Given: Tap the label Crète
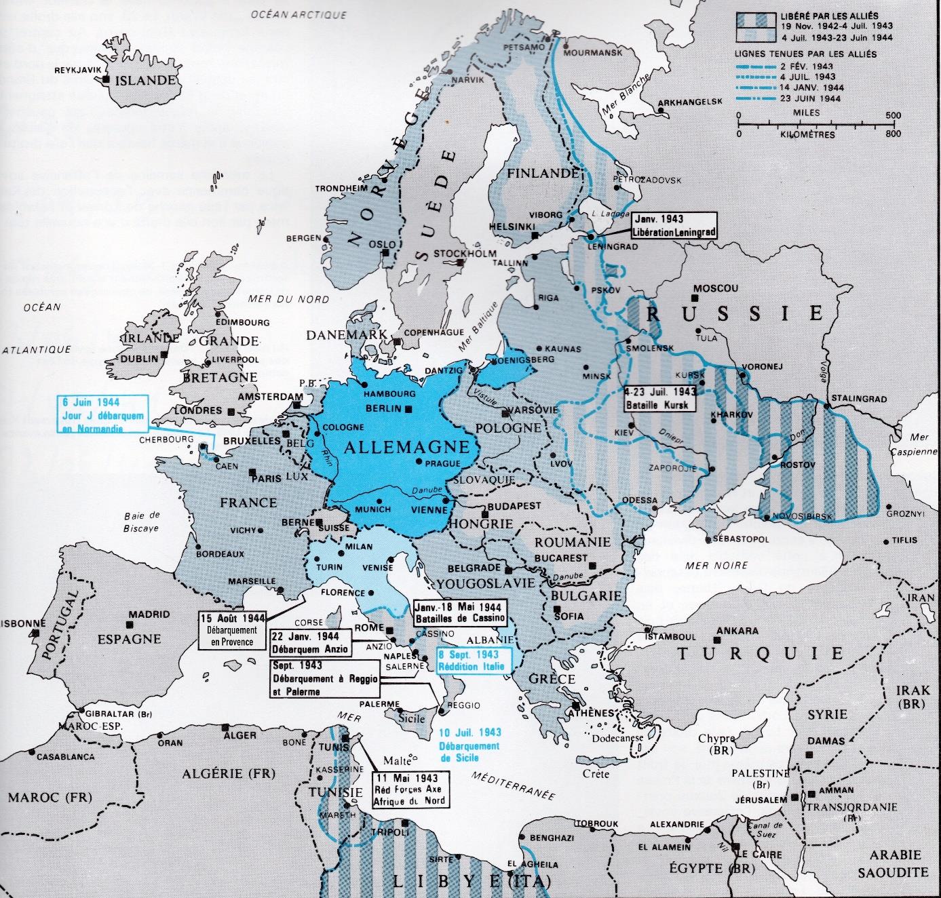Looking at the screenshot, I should click(x=596, y=774).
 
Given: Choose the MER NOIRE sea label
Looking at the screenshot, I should click(x=716, y=565).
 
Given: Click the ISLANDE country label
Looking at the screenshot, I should click(x=146, y=81).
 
